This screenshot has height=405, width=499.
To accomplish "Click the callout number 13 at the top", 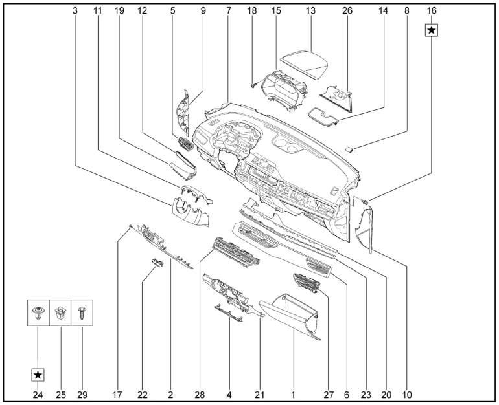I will [310, 12].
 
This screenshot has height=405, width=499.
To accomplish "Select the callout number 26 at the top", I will [347, 12].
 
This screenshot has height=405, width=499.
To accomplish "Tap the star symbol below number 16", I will [432, 30].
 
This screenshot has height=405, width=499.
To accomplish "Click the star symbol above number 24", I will [38, 375].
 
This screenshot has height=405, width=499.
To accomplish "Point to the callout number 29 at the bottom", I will [83, 393].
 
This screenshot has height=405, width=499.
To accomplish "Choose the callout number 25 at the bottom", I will [60, 393].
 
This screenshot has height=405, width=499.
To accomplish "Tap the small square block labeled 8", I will [351, 149].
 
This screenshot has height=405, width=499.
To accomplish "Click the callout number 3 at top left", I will [75, 12].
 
